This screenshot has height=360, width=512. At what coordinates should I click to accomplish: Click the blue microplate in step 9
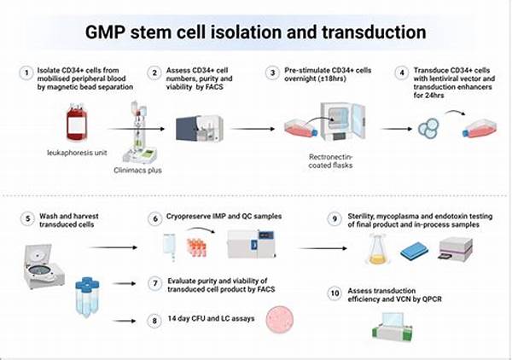click(416, 252)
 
